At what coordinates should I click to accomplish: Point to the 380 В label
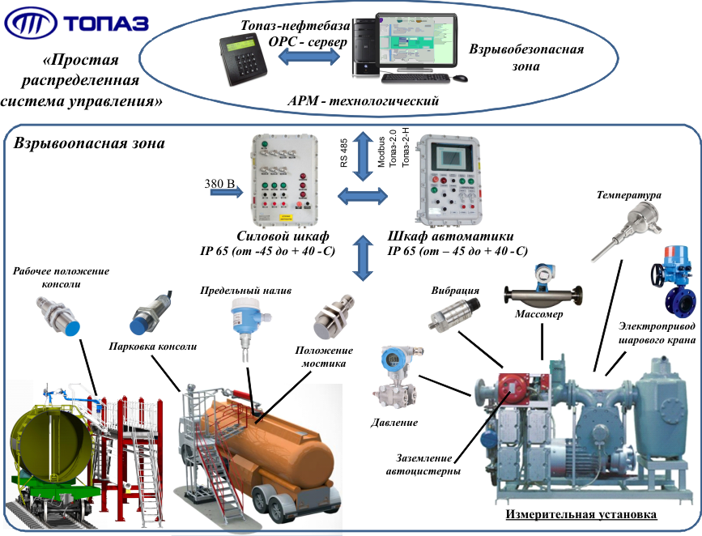click(x=219, y=185)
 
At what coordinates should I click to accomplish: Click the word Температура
click(x=629, y=195)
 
